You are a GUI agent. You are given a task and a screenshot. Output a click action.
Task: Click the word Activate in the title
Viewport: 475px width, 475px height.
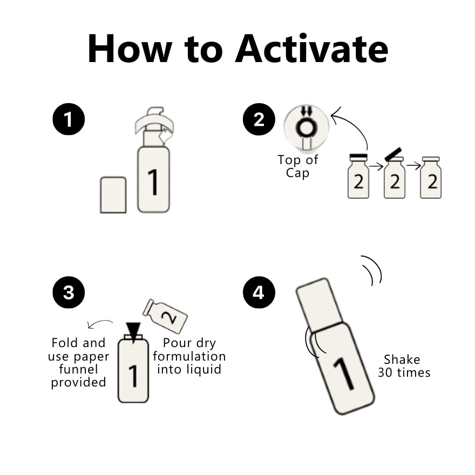click(311, 49)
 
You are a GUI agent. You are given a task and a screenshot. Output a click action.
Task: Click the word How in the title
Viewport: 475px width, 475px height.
click(130, 49)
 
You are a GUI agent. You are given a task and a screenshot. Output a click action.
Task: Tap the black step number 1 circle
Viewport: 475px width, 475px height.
click(69, 119)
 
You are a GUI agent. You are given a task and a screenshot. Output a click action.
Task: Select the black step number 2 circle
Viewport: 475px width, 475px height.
click(259, 119)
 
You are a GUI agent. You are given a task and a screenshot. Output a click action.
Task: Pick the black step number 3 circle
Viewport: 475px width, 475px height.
click(69, 293)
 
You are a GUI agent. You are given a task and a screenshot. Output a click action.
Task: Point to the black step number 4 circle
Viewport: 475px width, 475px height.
click(259, 293)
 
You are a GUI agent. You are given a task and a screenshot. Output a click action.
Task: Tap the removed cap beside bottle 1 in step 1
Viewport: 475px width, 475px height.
click(113, 195)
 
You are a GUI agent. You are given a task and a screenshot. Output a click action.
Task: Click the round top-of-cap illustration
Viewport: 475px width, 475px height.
click(306, 127)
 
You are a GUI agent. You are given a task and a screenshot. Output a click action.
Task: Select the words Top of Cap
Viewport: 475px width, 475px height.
click(298, 166)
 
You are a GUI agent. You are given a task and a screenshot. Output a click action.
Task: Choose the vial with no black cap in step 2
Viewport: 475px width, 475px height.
click(431, 178)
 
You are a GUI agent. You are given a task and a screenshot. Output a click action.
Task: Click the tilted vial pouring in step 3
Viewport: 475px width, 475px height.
click(165, 316)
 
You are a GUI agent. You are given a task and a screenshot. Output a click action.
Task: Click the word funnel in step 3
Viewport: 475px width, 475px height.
click(78, 369)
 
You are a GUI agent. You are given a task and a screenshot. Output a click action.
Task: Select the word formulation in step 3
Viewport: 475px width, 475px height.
click(189, 356)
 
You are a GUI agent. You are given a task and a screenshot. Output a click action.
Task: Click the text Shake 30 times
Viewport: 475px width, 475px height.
click(404, 366)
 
